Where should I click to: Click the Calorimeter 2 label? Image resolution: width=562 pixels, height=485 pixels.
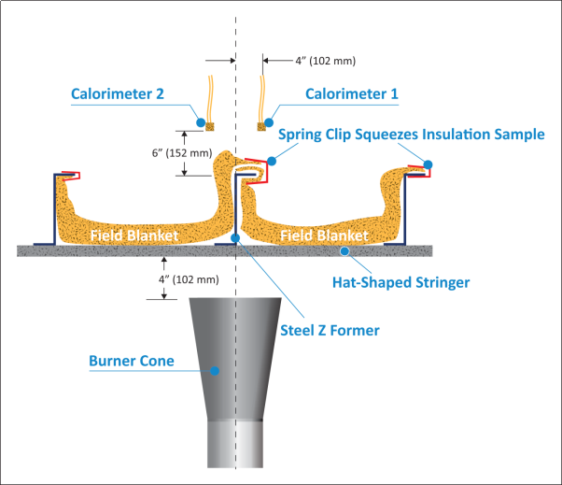pyautogui.click(x=118, y=93)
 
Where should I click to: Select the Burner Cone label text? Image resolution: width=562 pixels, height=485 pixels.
pyautogui.click(x=131, y=360)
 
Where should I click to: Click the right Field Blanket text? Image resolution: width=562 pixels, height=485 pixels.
pyautogui.click(x=324, y=236)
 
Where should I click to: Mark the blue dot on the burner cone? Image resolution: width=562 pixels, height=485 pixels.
pyautogui.click(x=214, y=370)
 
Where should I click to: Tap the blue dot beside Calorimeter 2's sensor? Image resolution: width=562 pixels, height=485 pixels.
pyautogui.click(x=198, y=121)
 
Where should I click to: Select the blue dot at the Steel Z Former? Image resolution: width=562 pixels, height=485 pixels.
pyautogui.click(x=234, y=238)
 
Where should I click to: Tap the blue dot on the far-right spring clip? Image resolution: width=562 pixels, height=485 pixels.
pyautogui.click(x=429, y=165)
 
